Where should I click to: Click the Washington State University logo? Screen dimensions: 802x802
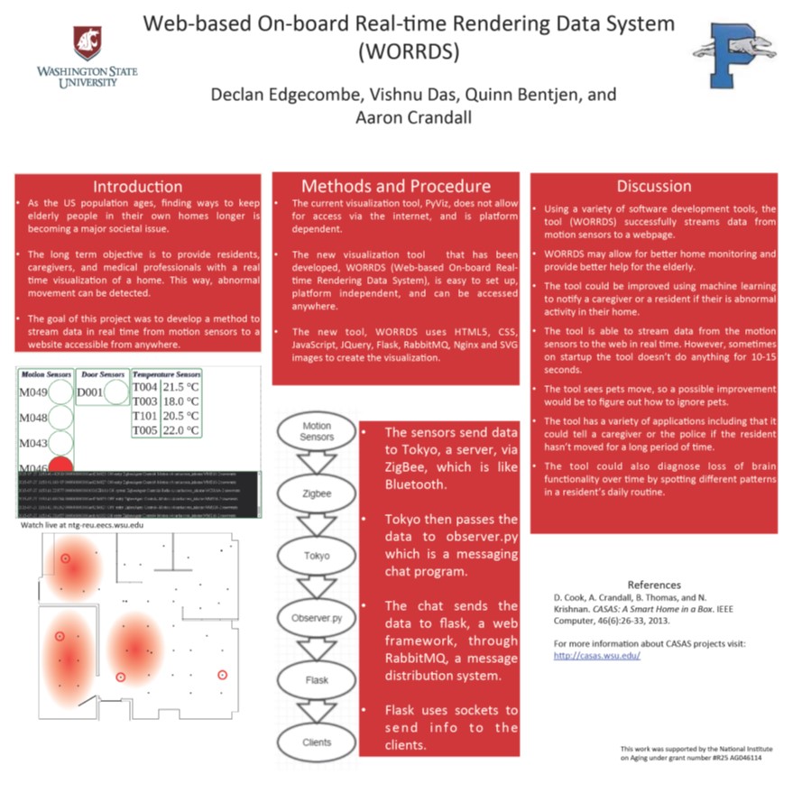coord(88,57)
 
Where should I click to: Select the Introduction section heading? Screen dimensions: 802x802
coord(138,187)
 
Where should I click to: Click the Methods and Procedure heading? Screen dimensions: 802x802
coord(395,187)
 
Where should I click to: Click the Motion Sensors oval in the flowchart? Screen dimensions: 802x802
coord(316,431)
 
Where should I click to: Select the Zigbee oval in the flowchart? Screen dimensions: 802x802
coord(316,494)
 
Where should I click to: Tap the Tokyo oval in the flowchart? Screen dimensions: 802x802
coord(316,556)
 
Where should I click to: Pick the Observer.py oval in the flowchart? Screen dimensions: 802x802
coord(316,618)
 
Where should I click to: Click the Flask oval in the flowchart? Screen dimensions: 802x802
coord(317,680)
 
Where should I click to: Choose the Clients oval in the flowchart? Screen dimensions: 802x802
coord(316,742)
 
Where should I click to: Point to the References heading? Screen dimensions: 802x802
coord(654,585)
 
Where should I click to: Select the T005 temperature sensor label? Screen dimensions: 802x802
coord(145,430)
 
